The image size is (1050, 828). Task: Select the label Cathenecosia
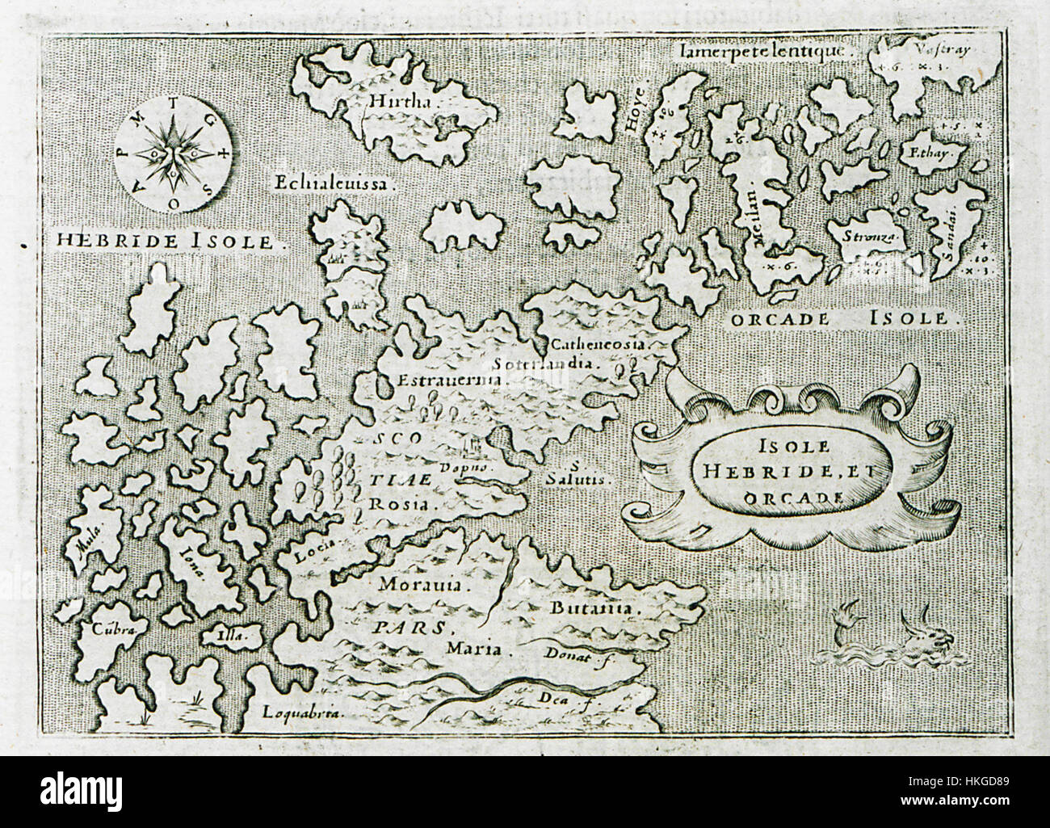(x=598, y=344)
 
